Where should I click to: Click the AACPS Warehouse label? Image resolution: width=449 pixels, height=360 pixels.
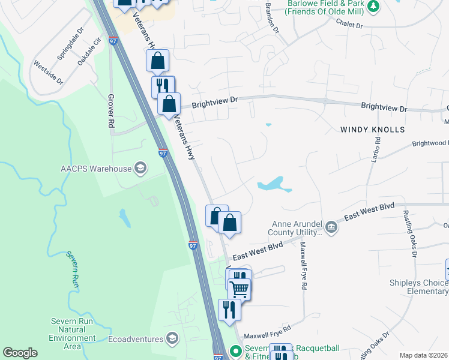coord(96,169)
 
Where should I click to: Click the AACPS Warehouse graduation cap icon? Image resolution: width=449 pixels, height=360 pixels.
coord(140,168)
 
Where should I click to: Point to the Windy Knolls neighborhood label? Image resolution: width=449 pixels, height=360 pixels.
coord(373,129)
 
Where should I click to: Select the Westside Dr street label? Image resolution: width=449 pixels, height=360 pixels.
coord(48,73)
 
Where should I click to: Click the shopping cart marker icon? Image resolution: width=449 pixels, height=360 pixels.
coord(240,289)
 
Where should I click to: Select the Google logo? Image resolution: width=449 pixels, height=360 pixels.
coord(20,353)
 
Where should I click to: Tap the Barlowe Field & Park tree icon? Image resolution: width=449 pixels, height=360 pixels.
coord(373,7)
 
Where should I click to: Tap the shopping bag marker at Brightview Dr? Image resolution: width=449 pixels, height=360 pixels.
coord(169,103)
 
